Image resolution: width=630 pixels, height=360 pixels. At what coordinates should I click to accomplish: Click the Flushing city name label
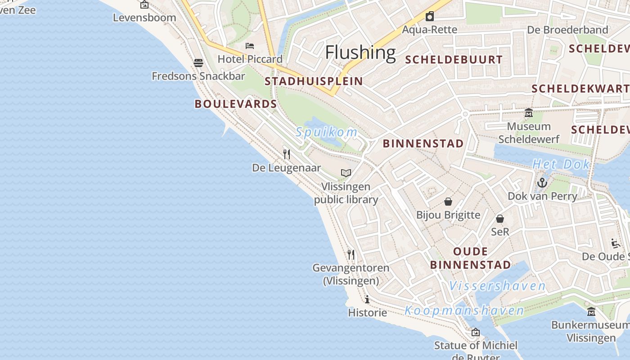pyautogui.click(x=360, y=52)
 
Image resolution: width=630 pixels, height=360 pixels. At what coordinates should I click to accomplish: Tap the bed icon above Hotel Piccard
pyautogui.click(x=250, y=46)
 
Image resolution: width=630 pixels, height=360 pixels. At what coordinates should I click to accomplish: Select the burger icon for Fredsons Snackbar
pyautogui.click(x=198, y=63)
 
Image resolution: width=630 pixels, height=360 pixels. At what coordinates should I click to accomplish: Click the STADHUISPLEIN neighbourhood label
pyautogui.click(x=314, y=81)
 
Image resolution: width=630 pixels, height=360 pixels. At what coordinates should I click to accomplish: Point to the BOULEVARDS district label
pyautogui.click(x=236, y=104)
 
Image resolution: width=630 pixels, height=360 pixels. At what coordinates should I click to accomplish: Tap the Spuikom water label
pyautogui.click(x=327, y=132)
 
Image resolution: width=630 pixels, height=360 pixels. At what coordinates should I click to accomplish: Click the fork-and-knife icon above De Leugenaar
pyautogui.click(x=286, y=154)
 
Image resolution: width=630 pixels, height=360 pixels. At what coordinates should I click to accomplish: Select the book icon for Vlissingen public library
pyautogui.click(x=346, y=173)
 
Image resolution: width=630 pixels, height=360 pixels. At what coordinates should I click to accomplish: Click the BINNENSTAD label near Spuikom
pyautogui.click(x=423, y=144)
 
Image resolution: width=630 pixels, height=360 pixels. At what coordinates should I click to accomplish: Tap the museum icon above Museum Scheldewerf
pyautogui.click(x=529, y=113)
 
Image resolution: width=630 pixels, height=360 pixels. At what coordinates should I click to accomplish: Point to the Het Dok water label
pyautogui.click(x=561, y=165)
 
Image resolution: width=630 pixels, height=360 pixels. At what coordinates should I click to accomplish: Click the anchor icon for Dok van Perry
pyautogui.click(x=542, y=183)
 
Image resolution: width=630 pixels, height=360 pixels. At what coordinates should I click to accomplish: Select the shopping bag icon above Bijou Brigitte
pyautogui.click(x=448, y=201)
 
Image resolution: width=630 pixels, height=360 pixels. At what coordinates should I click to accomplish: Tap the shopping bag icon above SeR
pyautogui.click(x=500, y=219)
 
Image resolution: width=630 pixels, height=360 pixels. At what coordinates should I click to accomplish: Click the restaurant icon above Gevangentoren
pyautogui.click(x=351, y=254)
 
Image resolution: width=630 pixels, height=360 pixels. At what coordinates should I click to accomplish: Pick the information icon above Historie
pyautogui.click(x=367, y=299)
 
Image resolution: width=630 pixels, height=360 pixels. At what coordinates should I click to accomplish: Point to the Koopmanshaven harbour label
pyautogui.click(x=464, y=310)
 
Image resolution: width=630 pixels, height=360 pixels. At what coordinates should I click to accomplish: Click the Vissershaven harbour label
pyautogui.click(x=497, y=286)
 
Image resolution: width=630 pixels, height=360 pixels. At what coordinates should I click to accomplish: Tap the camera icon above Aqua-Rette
pyautogui.click(x=430, y=16)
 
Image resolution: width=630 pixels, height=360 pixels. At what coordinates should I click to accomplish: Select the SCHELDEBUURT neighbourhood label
pyautogui.click(x=454, y=60)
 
